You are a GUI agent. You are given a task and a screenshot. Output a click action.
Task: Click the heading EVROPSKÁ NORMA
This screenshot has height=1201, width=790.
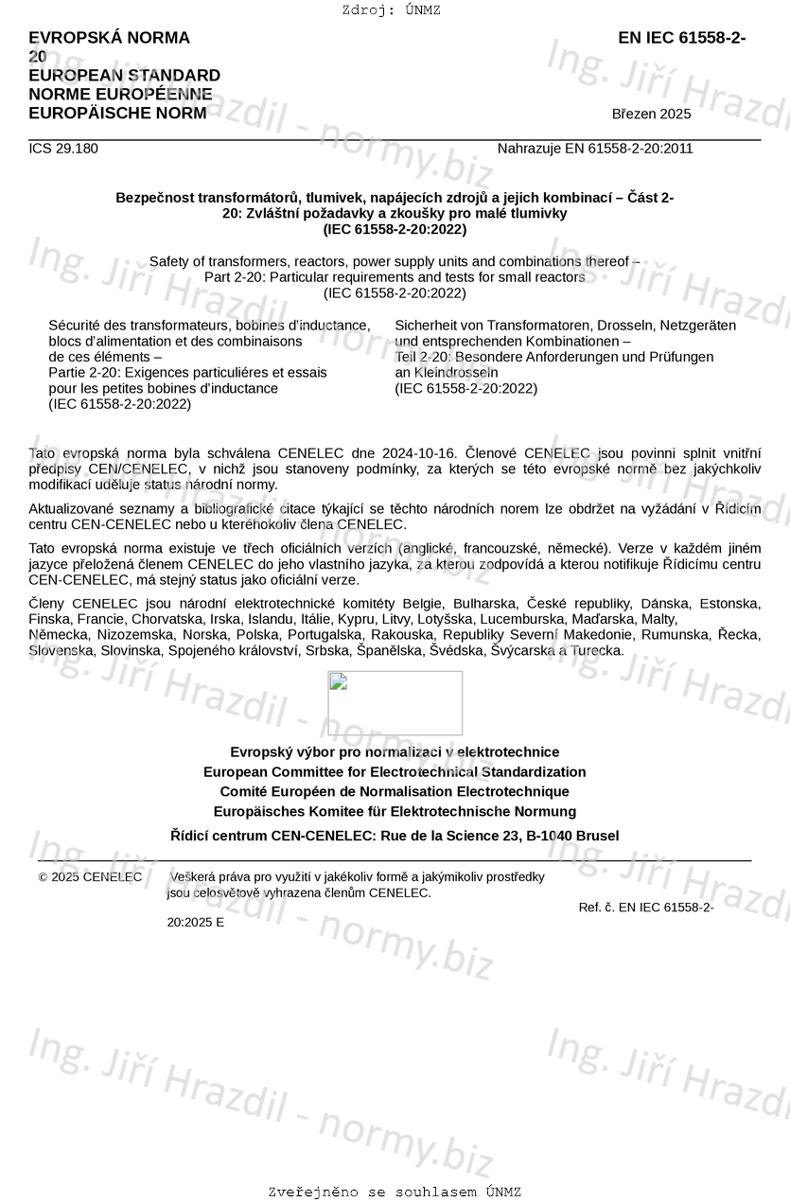(109, 38)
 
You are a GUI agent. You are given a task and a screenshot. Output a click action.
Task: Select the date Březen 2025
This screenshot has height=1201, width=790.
(651, 115)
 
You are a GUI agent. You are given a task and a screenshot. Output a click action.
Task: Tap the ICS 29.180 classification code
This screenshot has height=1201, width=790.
(63, 148)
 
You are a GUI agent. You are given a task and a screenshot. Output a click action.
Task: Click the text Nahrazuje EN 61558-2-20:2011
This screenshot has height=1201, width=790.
(595, 148)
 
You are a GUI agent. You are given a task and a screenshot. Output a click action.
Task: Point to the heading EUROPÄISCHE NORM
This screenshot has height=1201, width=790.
(117, 114)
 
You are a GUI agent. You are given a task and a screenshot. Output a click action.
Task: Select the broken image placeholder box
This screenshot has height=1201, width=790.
(395, 703)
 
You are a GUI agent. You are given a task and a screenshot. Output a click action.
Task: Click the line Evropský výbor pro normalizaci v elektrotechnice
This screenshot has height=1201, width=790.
(395, 752)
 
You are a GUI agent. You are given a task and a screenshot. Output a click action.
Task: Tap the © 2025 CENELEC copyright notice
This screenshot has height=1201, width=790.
(91, 877)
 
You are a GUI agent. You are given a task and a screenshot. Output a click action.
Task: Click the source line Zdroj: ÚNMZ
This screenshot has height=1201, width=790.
(392, 10)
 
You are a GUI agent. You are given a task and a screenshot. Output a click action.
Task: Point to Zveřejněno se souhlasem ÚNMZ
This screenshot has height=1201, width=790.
(395, 1192)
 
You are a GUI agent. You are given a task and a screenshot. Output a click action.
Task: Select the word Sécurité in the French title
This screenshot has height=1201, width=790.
(75, 326)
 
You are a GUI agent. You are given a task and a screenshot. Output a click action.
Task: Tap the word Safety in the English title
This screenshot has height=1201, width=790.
(169, 261)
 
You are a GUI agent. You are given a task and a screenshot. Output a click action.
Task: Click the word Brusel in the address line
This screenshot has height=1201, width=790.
(597, 836)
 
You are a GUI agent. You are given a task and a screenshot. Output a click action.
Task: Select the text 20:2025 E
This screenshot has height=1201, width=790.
(196, 922)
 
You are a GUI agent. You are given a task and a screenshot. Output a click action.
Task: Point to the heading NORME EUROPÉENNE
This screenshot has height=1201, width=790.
(120, 95)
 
